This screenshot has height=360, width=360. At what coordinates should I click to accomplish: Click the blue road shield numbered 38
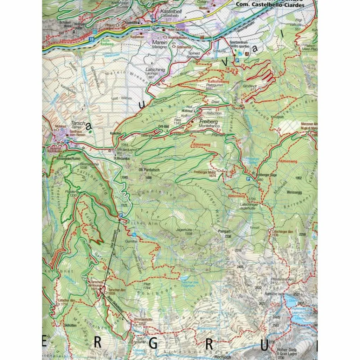(92, 40)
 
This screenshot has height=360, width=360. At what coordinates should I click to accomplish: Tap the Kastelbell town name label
(168, 12)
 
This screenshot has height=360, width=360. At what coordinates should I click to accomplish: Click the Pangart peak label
(224, 233)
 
